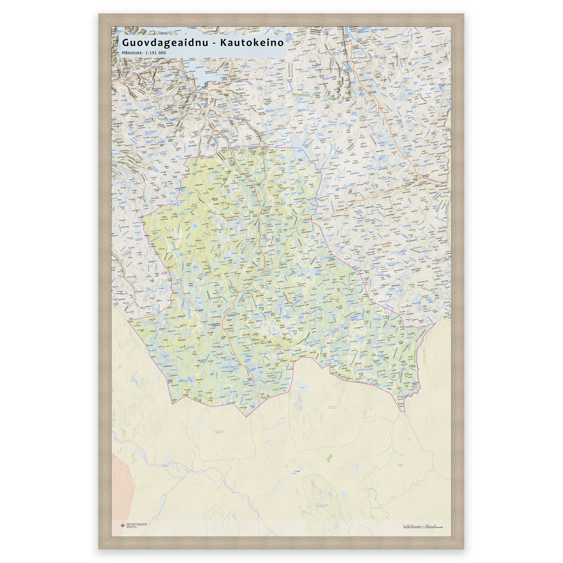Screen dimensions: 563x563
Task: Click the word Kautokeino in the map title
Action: (252, 43)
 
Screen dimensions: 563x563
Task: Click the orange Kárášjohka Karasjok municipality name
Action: (386, 244)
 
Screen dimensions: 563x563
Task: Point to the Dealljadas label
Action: (181, 317)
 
